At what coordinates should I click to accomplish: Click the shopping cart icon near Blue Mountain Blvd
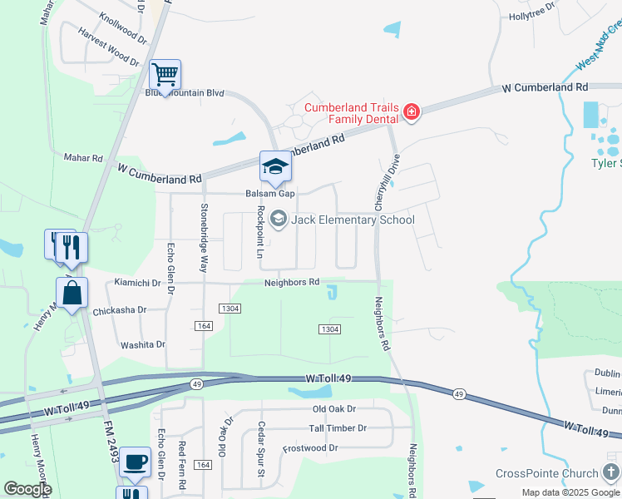(165, 75)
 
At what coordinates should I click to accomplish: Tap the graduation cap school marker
(275, 166)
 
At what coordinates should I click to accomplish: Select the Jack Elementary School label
(352, 220)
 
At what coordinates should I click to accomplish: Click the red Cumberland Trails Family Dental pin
(412, 111)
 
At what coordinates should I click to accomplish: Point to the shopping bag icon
(72, 294)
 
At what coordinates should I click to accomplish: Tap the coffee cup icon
(135, 462)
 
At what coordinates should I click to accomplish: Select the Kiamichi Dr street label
(137, 283)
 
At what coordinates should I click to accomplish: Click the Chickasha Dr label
(120, 310)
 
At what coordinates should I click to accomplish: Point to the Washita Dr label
(143, 344)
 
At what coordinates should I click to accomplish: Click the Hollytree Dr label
(531, 16)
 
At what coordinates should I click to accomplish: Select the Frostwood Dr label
(311, 447)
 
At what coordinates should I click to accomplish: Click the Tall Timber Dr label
(338, 428)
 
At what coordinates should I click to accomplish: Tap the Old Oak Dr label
(333, 409)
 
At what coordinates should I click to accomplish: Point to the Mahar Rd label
(82, 157)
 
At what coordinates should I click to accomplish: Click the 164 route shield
(203, 325)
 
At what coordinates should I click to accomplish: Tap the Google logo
(27, 489)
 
